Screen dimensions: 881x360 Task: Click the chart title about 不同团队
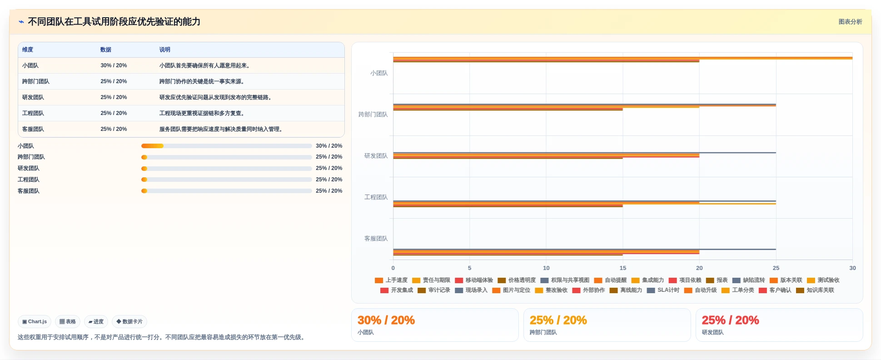click(x=114, y=22)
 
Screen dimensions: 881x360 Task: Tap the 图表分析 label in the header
click(x=850, y=22)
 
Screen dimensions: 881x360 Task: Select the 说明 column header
click(x=164, y=50)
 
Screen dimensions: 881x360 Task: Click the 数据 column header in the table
click(x=106, y=50)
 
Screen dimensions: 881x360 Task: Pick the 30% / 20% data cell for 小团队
click(x=114, y=65)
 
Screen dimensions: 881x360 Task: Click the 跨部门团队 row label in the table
click(x=36, y=81)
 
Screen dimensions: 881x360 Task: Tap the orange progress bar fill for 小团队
click(x=152, y=146)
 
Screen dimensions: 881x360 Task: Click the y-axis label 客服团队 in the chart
click(x=376, y=239)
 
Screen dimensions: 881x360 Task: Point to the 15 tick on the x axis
click(x=622, y=268)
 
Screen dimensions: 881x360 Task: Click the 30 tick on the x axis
click(x=852, y=268)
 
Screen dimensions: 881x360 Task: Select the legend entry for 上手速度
click(x=391, y=280)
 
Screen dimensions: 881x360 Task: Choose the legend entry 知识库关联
click(x=815, y=290)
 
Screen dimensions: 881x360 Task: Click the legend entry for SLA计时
click(x=663, y=290)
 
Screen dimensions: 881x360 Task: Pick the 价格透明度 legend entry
click(x=517, y=280)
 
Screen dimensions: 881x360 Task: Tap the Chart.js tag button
click(x=35, y=322)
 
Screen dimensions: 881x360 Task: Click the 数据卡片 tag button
click(x=129, y=322)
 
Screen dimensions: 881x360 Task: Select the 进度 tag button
click(x=96, y=322)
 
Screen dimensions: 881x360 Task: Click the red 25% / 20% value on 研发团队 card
click(x=730, y=320)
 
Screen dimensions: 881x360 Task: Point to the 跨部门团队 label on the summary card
click(x=543, y=333)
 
